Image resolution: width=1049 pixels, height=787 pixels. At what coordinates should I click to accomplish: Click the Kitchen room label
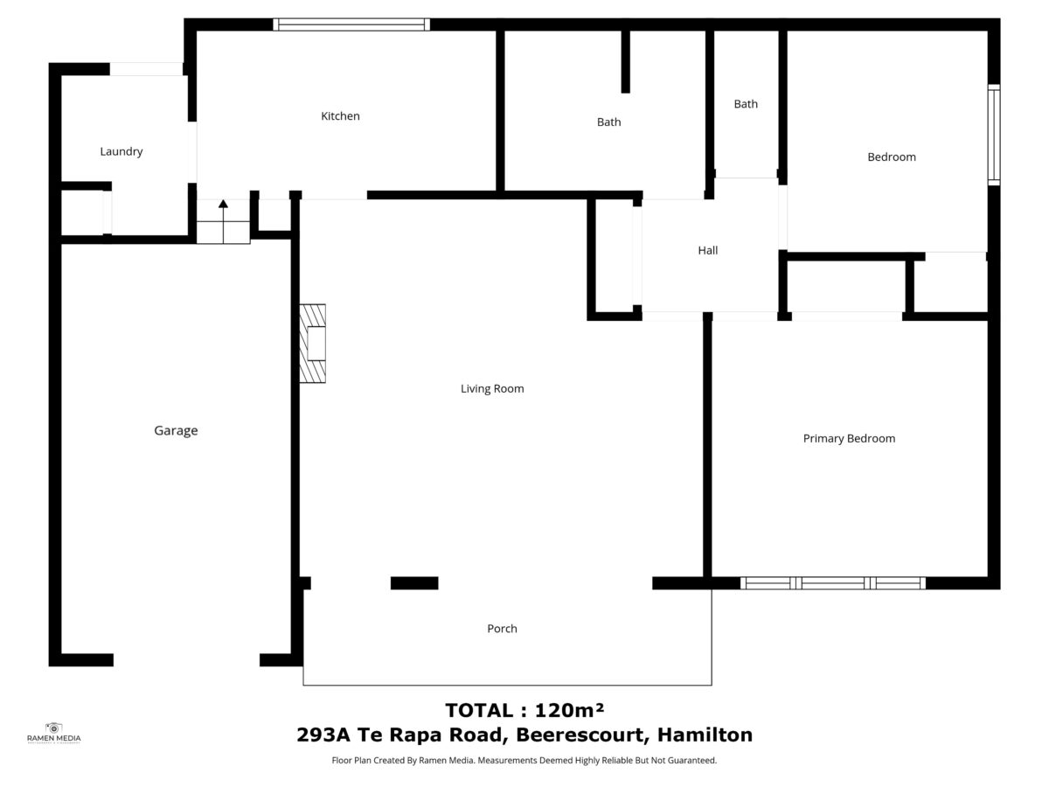(340, 116)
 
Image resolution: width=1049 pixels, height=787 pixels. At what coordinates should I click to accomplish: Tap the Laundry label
(121, 151)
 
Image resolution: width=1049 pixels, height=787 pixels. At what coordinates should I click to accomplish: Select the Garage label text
(176, 430)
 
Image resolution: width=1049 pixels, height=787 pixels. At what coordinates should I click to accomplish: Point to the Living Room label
(492, 388)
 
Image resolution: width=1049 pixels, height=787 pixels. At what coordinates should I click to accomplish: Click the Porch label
(502, 629)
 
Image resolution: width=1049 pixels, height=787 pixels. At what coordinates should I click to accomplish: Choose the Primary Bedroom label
(849, 438)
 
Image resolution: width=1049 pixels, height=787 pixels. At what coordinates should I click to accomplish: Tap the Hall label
(707, 250)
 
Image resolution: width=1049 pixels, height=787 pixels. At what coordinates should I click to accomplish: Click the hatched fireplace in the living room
(313, 344)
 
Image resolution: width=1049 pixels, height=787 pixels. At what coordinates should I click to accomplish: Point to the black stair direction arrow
(223, 205)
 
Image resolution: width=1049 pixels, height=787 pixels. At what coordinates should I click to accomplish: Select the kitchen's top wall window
(351, 24)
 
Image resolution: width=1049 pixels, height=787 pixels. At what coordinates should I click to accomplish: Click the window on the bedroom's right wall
(994, 135)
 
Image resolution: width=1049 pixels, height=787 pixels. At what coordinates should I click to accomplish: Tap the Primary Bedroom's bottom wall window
(832, 582)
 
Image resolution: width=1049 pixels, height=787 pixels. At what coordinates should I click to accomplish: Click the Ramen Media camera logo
(53, 728)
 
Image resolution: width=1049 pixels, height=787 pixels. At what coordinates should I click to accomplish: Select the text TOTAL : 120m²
(524, 709)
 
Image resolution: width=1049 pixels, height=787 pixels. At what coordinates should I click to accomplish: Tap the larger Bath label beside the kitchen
(608, 122)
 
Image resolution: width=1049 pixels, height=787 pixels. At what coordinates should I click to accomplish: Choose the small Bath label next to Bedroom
(746, 104)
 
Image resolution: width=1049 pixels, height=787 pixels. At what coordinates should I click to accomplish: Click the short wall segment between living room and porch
(413, 583)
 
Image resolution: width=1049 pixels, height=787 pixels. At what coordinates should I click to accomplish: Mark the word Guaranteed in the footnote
(691, 761)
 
